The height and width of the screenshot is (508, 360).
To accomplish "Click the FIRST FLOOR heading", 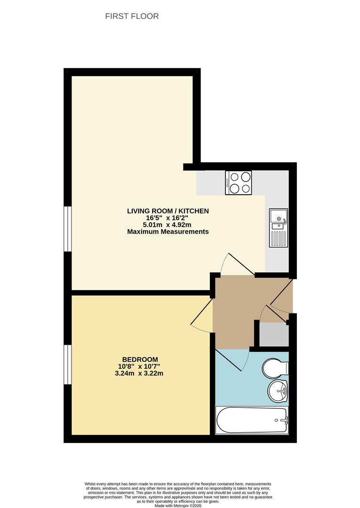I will (132, 16).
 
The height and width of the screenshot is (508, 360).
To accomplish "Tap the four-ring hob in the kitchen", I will (238, 183).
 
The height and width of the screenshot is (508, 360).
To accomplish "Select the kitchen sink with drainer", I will (278, 228).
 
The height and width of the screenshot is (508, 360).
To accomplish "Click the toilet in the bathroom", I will (275, 368).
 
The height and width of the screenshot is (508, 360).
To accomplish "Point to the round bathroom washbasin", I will (278, 391).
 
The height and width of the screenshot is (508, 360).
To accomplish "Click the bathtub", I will (251, 420).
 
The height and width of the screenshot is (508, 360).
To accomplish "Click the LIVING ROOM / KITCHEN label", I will (168, 211).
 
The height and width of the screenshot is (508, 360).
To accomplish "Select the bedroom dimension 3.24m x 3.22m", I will (141, 374).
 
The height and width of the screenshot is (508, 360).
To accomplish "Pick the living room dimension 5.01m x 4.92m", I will (168, 225).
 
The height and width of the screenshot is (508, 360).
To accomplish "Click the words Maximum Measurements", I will (168, 232).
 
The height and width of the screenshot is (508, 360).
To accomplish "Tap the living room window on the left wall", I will (67, 229).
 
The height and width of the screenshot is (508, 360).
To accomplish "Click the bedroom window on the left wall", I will (67, 365).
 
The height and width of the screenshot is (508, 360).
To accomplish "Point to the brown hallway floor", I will (233, 310).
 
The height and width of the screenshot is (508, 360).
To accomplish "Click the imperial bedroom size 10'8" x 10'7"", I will (141, 366).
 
